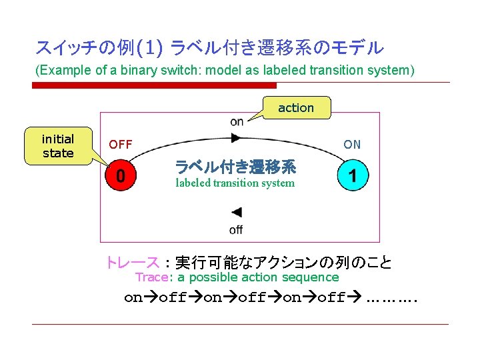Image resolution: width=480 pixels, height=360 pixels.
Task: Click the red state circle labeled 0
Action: click(120, 177)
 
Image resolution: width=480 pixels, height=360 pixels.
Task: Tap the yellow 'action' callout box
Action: click(295, 107)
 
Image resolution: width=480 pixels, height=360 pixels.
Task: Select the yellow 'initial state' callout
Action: click(58, 146)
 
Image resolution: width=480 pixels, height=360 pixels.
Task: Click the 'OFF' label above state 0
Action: click(121, 144)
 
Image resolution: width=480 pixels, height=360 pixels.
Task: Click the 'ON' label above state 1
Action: click(352, 144)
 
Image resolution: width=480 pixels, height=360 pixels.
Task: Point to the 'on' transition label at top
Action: click(237, 121)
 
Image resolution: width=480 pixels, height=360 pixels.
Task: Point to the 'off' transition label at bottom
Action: click(236, 230)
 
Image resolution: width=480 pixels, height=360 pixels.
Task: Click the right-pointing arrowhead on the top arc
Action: click(235, 137)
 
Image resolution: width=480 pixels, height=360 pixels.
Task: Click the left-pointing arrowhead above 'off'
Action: click(236, 213)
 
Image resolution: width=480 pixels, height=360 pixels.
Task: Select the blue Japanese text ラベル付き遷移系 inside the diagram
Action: click(235, 167)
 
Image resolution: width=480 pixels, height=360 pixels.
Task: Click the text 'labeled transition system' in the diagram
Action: click(235, 183)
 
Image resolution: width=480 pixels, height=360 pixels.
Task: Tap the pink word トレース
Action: click(132, 262)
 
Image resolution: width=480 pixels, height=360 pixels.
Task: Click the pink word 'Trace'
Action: click(151, 277)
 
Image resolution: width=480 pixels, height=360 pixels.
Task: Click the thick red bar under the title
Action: click(154, 85)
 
